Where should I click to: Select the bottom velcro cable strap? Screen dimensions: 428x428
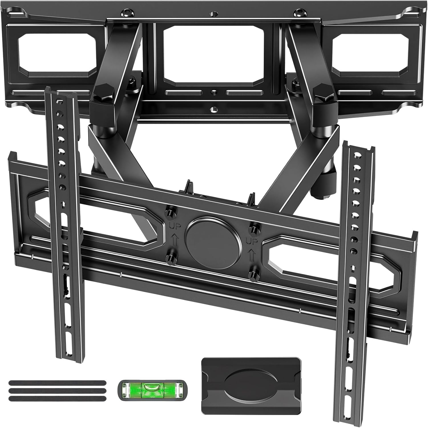pyautogui.click(x=57, y=398)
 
